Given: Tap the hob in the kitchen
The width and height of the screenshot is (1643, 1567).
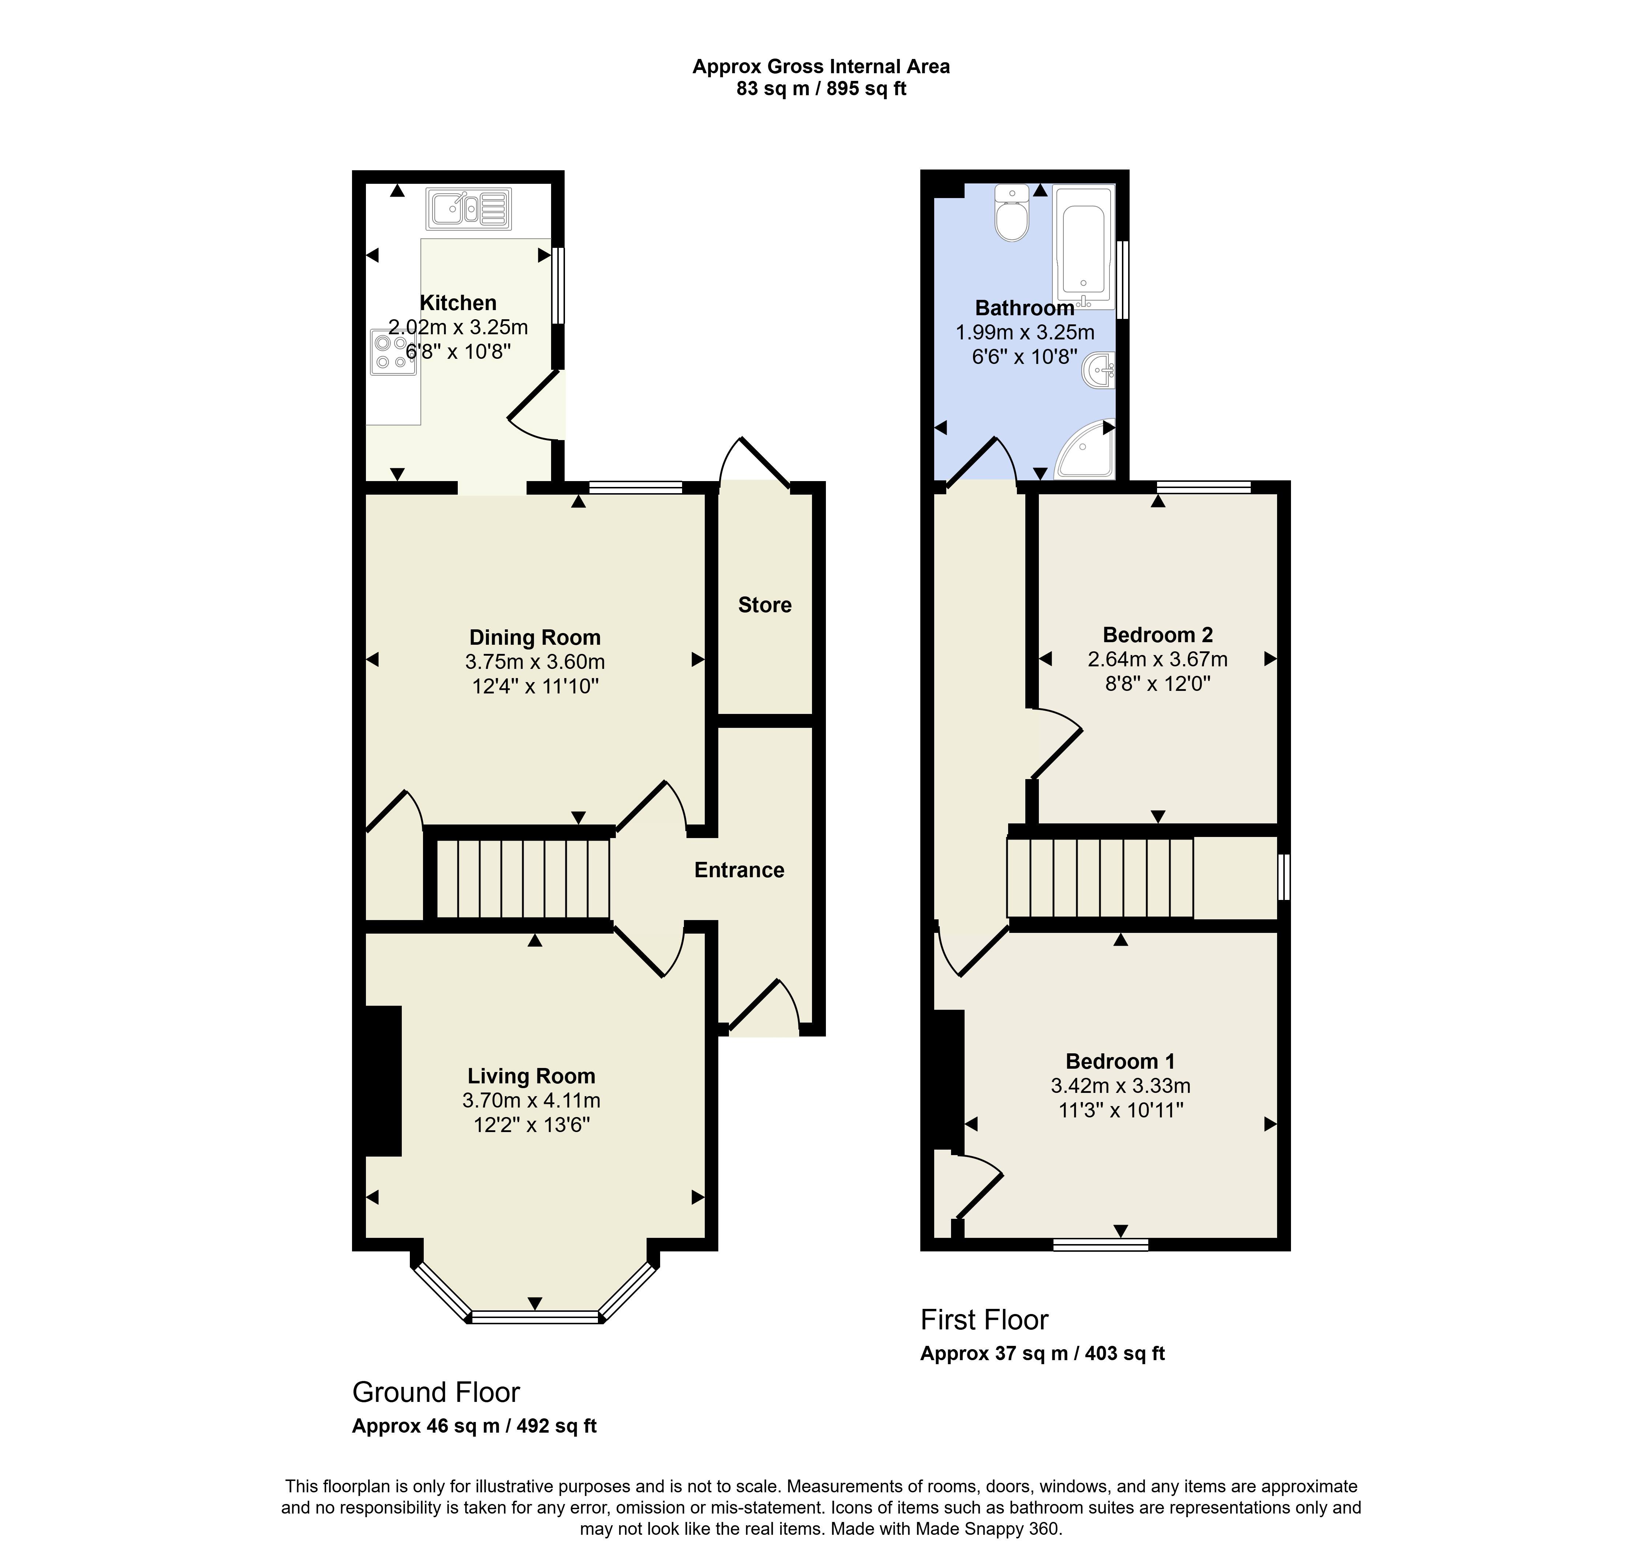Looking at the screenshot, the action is pyautogui.click(x=393, y=351).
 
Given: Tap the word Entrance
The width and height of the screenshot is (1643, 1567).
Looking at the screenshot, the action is pyautogui.click(x=739, y=870).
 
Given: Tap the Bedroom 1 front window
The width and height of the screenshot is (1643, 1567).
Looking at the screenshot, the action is pyautogui.click(x=1100, y=1244).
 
